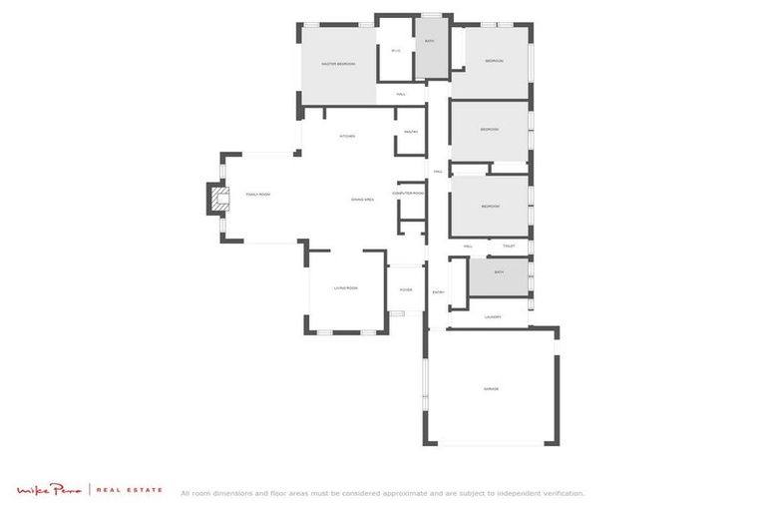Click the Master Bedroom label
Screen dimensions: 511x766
pyautogui.click(x=338, y=64)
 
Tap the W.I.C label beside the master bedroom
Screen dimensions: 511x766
pyautogui.click(x=396, y=50)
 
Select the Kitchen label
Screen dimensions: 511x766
pyautogui.click(x=347, y=136)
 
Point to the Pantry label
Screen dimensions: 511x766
pyautogui.click(x=411, y=132)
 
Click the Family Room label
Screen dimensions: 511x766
pyautogui.click(x=258, y=195)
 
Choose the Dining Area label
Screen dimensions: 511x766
pyautogui.click(x=362, y=200)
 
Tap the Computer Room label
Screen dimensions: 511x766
pyautogui.click(x=408, y=193)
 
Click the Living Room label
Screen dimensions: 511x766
pyautogui.click(x=345, y=287)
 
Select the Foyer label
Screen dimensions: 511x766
pyautogui.click(x=406, y=289)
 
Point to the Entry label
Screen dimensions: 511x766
pyautogui.click(x=438, y=292)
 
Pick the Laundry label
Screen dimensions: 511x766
pyautogui.click(x=492, y=317)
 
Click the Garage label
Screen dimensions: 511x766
pyautogui.click(x=491, y=389)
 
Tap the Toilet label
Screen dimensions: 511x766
pyautogui.click(x=509, y=246)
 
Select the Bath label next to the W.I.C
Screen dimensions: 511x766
pyautogui.click(x=430, y=41)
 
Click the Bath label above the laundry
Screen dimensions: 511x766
pyautogui.click(x=499, y=271)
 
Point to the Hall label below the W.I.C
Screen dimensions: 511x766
pyautogui.click(x=400, y=95)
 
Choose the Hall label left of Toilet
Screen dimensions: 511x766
pyautogui.click(x=468, y=246)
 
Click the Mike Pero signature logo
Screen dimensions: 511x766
pyautogui.click(x=50, y=490)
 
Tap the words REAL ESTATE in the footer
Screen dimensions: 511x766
pyautogui.click(x=130, y=491)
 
